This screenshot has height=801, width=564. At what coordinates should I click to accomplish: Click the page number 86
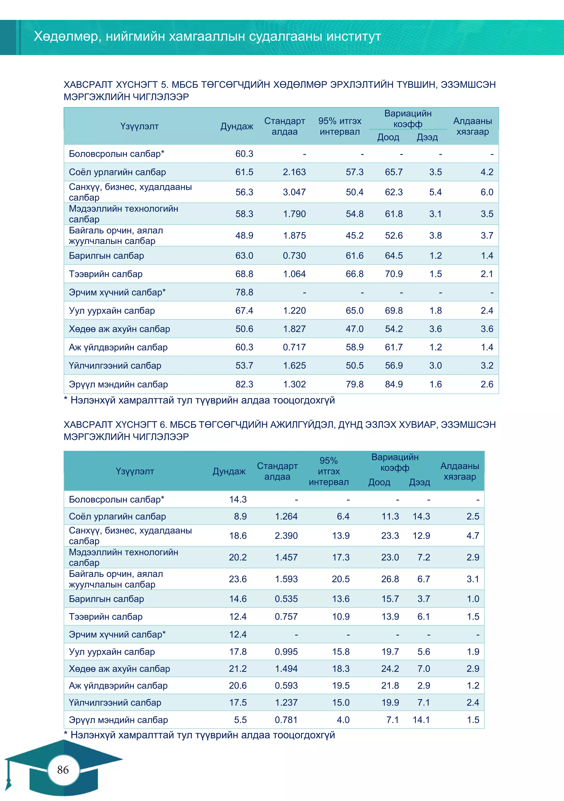[x=63, y=770]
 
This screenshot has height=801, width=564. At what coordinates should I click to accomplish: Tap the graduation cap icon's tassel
[x=8, y=780]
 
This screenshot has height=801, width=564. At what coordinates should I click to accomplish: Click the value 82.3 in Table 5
[x=244, y=384]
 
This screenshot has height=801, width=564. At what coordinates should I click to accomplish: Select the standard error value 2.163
[x=294, y=172]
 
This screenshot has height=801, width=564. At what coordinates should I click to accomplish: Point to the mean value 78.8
[x=244, y=292]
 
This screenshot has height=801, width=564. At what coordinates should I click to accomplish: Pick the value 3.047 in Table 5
[x=294, y=192]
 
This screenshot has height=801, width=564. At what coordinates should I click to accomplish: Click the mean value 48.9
[x=244, y=235]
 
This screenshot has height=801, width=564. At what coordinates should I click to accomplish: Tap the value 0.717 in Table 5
[x=294, y=347]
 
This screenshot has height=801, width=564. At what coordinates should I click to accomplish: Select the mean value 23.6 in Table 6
[x=238, y=579]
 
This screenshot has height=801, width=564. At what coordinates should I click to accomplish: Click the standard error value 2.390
[x=286, y=536]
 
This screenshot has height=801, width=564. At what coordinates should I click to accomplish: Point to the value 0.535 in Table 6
[x=286, y=599]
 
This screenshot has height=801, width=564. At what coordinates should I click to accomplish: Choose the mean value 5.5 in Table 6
[x=240, y=720]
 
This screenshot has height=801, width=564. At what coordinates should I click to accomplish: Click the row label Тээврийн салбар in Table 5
[x=105, y=274]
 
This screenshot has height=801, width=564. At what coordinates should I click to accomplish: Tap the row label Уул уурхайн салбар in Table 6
[x=112, y=652]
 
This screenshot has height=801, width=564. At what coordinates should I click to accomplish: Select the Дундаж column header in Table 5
[x=237, y=126]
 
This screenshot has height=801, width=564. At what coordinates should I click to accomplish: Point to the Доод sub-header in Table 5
[x=388, y=137]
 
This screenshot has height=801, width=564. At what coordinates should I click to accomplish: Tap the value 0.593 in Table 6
[x=286, y=686]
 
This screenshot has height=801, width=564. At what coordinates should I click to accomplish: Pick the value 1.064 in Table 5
[x=294, y=274]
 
